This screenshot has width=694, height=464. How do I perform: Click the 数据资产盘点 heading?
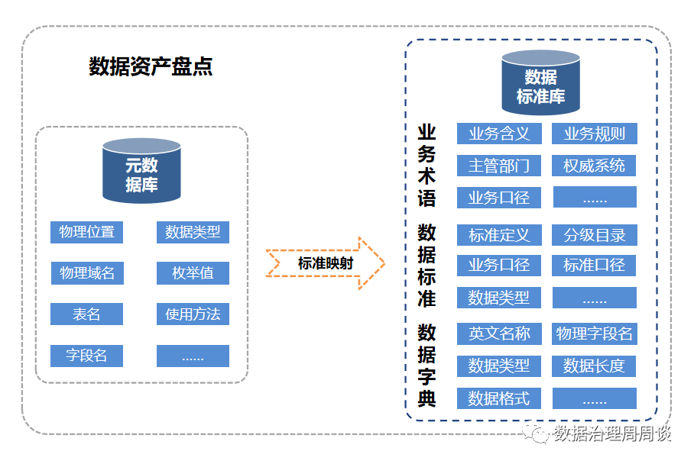coord(151,66)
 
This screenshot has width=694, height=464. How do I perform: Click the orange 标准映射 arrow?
coord(326,263)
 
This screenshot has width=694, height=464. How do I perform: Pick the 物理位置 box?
coord(86,232)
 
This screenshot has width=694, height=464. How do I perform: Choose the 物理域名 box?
coord(86,273)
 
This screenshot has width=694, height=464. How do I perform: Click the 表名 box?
coord(86,314)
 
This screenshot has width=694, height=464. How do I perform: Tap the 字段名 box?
coord(86,356)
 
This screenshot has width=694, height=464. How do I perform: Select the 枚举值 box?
coord(193,273)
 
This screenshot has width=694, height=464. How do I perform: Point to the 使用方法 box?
coord(193,314)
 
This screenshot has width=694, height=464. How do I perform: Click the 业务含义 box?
coord(499,134)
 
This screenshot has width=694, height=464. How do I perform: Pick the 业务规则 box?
coord(594,134)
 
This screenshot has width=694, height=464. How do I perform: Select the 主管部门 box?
coord(499,166)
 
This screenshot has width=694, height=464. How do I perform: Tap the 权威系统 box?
coord(594,166)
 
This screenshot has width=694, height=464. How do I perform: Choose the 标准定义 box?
coord(499,235)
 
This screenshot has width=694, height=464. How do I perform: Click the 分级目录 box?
coord(594,235)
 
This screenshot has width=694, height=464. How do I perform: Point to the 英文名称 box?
coord(499,333)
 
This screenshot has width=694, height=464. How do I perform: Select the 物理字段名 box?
coord(594,333)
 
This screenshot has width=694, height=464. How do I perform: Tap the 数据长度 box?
coord(594,366)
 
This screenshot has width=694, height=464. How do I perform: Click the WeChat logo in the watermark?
coord(539,433)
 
